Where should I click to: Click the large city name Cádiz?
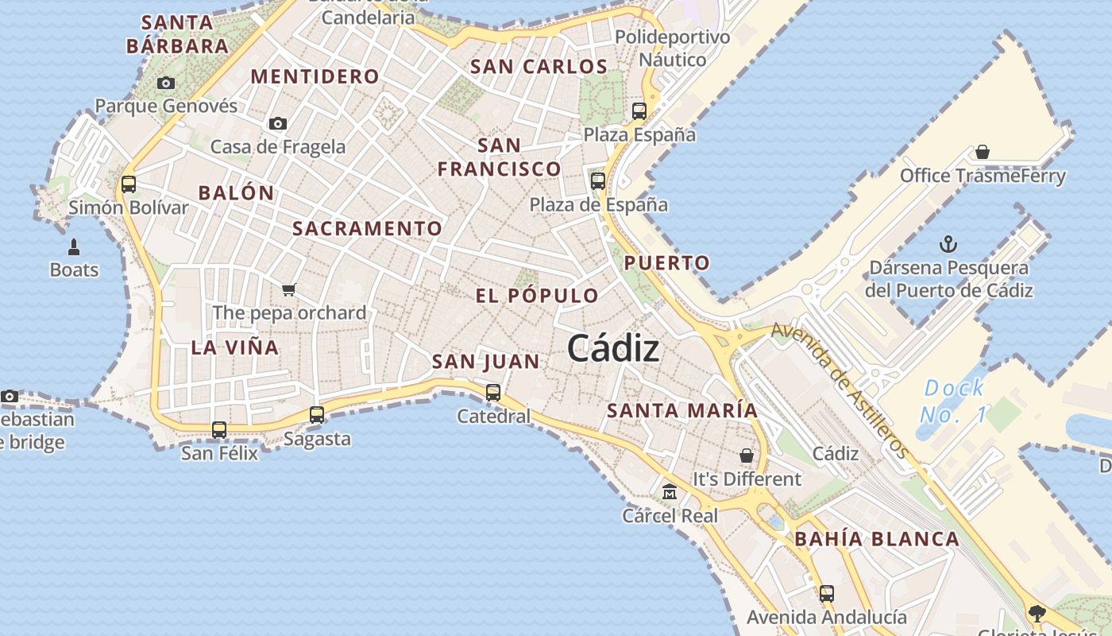tap(613, 349)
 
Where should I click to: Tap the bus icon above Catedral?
tap(493, 392)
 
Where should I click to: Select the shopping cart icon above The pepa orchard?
tap(289, 289)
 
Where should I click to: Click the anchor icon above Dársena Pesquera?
tap(948, 243)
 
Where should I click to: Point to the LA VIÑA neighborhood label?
tap(235, 347)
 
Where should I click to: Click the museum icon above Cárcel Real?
tap(670, 492)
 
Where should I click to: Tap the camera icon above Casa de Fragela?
tap(277, 123)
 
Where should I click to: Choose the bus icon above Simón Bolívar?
tap(128, 184)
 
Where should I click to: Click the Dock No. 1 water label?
tap(954, 401)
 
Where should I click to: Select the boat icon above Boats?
tap(74, 247)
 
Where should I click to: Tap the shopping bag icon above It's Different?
tap(747, 456)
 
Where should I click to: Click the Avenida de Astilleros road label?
tap(840, 390)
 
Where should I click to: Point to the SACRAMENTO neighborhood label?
tap(367, 229)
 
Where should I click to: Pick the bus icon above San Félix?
tap(219, 430)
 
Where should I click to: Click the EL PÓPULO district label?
tap(537, 296)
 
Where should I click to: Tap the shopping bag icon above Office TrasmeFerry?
tap(983, 152)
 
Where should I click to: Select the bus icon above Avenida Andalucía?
tap(827, 593)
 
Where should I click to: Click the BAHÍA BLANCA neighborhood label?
tap(877, 539)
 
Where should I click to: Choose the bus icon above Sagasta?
tap(317, 414)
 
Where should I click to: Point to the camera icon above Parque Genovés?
tap(166, 83)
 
